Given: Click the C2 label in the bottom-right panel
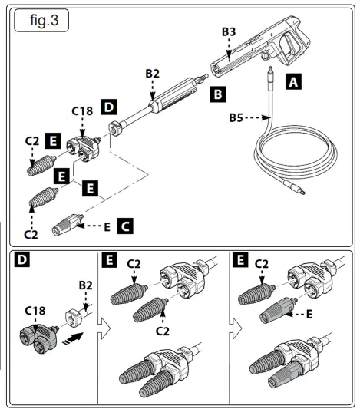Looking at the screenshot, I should tap(261, 266).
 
